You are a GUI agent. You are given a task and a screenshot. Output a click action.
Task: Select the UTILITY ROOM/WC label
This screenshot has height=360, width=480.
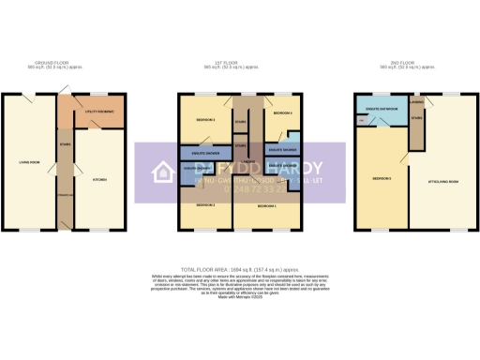point(98,112)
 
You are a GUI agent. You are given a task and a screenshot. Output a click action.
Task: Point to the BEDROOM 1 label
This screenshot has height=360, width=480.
point(266,204)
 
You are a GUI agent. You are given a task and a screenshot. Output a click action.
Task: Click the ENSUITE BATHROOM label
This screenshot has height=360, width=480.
point(382,110)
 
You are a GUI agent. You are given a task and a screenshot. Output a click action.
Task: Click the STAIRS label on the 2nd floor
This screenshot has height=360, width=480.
point(417,119)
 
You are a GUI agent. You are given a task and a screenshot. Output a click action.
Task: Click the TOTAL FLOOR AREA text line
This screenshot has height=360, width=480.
point(239,268)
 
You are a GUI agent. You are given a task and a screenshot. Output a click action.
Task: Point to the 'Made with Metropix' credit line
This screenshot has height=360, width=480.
point(239,293)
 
